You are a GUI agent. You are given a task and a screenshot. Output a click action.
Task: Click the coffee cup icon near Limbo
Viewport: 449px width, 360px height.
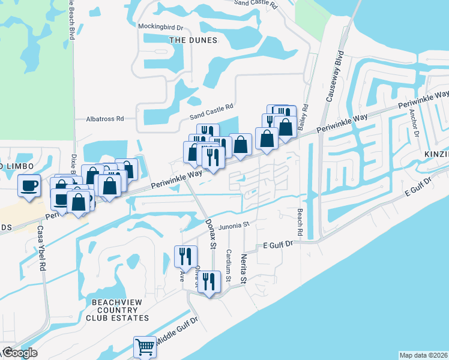coord(29,185)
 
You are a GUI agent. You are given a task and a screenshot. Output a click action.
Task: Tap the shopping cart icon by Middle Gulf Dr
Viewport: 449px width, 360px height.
coord(145,347)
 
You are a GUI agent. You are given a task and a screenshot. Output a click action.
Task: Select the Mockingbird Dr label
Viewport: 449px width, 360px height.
coord(160,27)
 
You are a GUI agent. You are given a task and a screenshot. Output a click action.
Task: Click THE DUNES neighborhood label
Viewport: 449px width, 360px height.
coord(193,40)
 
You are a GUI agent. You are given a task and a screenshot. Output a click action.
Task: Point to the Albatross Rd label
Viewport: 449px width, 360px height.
coord(104,119)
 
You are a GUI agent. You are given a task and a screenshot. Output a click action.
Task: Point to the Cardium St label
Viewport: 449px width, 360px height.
coord(229,265)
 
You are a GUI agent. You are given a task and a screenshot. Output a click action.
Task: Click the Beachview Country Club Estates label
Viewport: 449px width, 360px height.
coord(117,310)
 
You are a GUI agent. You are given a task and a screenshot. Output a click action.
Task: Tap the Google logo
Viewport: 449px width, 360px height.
coord(20,353)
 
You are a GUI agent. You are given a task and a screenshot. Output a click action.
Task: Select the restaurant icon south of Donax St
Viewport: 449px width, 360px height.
coord(208,281)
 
